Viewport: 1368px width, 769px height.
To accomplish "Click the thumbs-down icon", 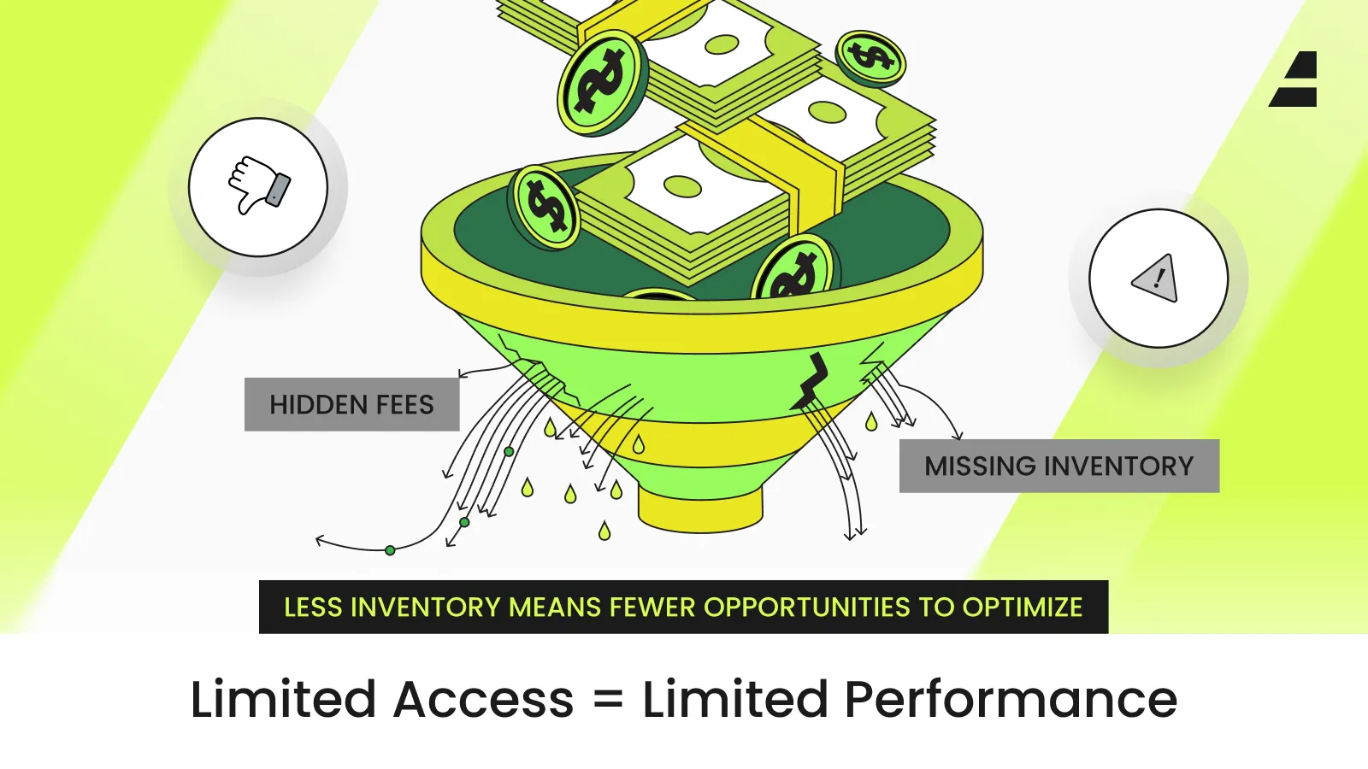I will (x=258, y=185).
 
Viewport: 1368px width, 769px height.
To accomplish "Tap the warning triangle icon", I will (x=1157, y=279).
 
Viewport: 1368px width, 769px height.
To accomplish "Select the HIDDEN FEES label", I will (x=351, y=404).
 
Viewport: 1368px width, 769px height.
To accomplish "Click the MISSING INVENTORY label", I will (x=1058, y=466).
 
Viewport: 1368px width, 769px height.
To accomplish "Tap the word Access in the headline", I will (x=484, y=700).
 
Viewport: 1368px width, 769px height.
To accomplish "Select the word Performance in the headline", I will (x=1011, y=700).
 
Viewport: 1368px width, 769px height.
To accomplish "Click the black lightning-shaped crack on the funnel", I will (x=811, y=381).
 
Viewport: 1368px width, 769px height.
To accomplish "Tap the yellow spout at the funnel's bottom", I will (x=699, y=508).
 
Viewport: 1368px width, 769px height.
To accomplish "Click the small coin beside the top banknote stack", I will (x=870, y=58).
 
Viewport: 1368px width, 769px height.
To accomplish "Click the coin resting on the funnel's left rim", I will (x=545, y=207).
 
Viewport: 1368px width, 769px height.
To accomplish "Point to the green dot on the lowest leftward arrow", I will (x=390, y=550).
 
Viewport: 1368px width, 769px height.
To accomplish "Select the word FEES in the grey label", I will (x=401, y=404).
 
